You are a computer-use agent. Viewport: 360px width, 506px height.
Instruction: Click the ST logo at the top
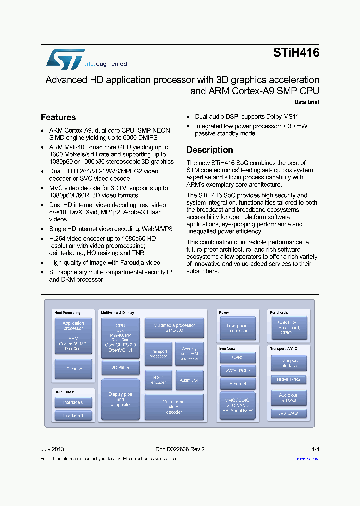coord(66,58)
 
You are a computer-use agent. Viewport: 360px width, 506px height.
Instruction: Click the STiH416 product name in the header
coord(296,53)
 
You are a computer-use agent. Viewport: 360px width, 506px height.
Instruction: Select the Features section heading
coord(58,117)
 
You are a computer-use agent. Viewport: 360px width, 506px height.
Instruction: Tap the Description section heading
coord(210,150)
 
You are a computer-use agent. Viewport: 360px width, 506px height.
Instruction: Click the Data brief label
coord(306,102)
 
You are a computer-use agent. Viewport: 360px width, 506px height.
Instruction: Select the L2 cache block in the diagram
coord(73,369)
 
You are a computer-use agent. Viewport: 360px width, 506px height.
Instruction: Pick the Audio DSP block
coord(189,380)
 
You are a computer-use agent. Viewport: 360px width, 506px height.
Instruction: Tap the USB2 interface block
coord(238,358)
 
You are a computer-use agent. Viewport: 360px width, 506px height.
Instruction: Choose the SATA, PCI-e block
coord(238,371)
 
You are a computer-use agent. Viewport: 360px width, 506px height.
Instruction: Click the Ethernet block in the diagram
coord(238,384)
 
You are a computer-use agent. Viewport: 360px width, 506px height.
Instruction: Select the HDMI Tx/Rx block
coord(288,380)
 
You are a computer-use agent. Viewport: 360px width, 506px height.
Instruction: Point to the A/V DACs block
coord(288,413)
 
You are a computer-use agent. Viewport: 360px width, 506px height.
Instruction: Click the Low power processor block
coord(238,328)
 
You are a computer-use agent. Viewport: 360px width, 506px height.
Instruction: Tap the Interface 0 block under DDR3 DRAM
coord(73,402)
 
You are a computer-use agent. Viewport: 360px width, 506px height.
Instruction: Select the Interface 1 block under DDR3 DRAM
coord(73,415)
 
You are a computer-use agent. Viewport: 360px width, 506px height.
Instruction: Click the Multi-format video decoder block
coord(174,407)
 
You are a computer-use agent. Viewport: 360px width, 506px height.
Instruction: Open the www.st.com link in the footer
coord(308,458)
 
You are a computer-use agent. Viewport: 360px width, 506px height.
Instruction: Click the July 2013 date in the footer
coord(52,449)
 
